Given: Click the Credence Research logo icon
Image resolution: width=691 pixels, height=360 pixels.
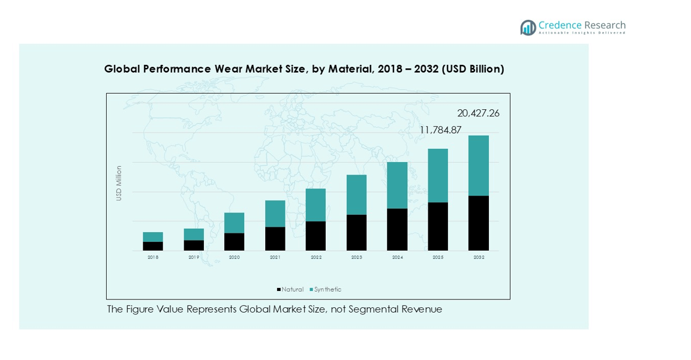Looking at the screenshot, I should point(528,28).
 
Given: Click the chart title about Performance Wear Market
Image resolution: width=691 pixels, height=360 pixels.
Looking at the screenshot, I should point(304,69).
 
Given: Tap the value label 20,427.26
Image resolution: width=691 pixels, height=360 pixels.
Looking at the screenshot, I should point(478,113).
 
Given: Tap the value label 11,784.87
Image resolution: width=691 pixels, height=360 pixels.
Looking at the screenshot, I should point(440,130).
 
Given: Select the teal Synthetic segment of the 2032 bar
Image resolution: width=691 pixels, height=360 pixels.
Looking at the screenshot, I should point(479,166).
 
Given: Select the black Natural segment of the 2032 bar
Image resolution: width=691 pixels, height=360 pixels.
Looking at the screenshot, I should point(479,223).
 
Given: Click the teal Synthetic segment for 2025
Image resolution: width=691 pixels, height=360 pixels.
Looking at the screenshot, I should point(438,176).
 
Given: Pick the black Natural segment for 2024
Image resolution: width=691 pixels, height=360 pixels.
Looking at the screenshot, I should point(397,230).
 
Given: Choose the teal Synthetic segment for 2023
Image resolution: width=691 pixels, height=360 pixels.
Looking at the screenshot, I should point(356,195).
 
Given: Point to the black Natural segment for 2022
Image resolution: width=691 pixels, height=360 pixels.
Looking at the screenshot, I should point(316,236).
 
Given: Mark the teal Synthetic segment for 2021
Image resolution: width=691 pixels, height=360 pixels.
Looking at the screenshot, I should point(275,214).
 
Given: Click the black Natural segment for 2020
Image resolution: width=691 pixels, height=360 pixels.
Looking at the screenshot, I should point(235,242).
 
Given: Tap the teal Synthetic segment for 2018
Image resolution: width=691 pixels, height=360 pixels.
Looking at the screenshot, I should point(153,237).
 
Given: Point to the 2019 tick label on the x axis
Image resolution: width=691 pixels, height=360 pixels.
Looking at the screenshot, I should point(194,257).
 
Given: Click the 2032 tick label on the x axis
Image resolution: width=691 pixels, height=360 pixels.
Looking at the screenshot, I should point(479,257).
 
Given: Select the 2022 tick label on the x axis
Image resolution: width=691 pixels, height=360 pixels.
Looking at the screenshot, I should point(316,257).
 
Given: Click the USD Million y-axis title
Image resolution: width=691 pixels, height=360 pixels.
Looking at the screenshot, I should point(119,183).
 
